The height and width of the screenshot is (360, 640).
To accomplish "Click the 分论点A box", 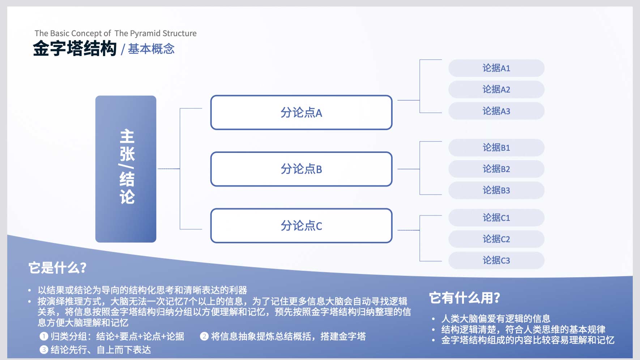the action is pyautogui.click(x=301, y=112).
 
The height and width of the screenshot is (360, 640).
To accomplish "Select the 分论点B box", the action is pyautogui.click(x=301, y=169).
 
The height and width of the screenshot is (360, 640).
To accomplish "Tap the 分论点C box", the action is pyautogui.click(x=301, y=226).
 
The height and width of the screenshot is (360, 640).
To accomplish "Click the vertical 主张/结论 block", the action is pyautogui.click(x=126, y=169).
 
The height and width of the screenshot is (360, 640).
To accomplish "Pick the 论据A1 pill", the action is pyautogui.click(x=496, y=68).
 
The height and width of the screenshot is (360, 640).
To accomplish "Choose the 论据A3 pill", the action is pyautogui.click(x=496, y=111).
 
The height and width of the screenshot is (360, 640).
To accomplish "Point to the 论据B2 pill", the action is pyautogui.click(x=496, y=169).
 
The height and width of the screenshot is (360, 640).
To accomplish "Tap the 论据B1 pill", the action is pyautogui.click(x=496, y=147).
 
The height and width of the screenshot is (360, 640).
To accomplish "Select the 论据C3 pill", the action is pyautogui.click(x=496, y=260).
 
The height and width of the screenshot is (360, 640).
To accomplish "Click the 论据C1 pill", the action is pyautogui.click(x=496, y=218).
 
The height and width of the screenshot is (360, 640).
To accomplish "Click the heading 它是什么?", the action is pyautogui.click(x=57, y=268).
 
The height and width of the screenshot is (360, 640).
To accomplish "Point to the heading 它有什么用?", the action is pyautogui.click(x=465, y=298).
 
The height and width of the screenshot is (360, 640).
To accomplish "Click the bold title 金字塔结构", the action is pyautogui.click(x=75, y=48).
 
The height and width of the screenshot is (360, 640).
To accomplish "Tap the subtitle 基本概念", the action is pyautogui.click(x=151, y=49).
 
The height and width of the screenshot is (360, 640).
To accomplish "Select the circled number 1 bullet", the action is pyautogui.click(x=44, y=337).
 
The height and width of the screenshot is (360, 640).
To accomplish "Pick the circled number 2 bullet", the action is pyautogui.click(x=204, y=337).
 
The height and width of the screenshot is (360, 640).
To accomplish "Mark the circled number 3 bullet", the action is pyautogui.click(x=44, y=350).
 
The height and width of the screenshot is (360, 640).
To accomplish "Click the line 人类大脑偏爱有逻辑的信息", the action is pyautogui.click(x=496, y=318).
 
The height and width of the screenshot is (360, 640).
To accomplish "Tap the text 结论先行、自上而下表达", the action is pyautogui.click(x=101, y=350).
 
